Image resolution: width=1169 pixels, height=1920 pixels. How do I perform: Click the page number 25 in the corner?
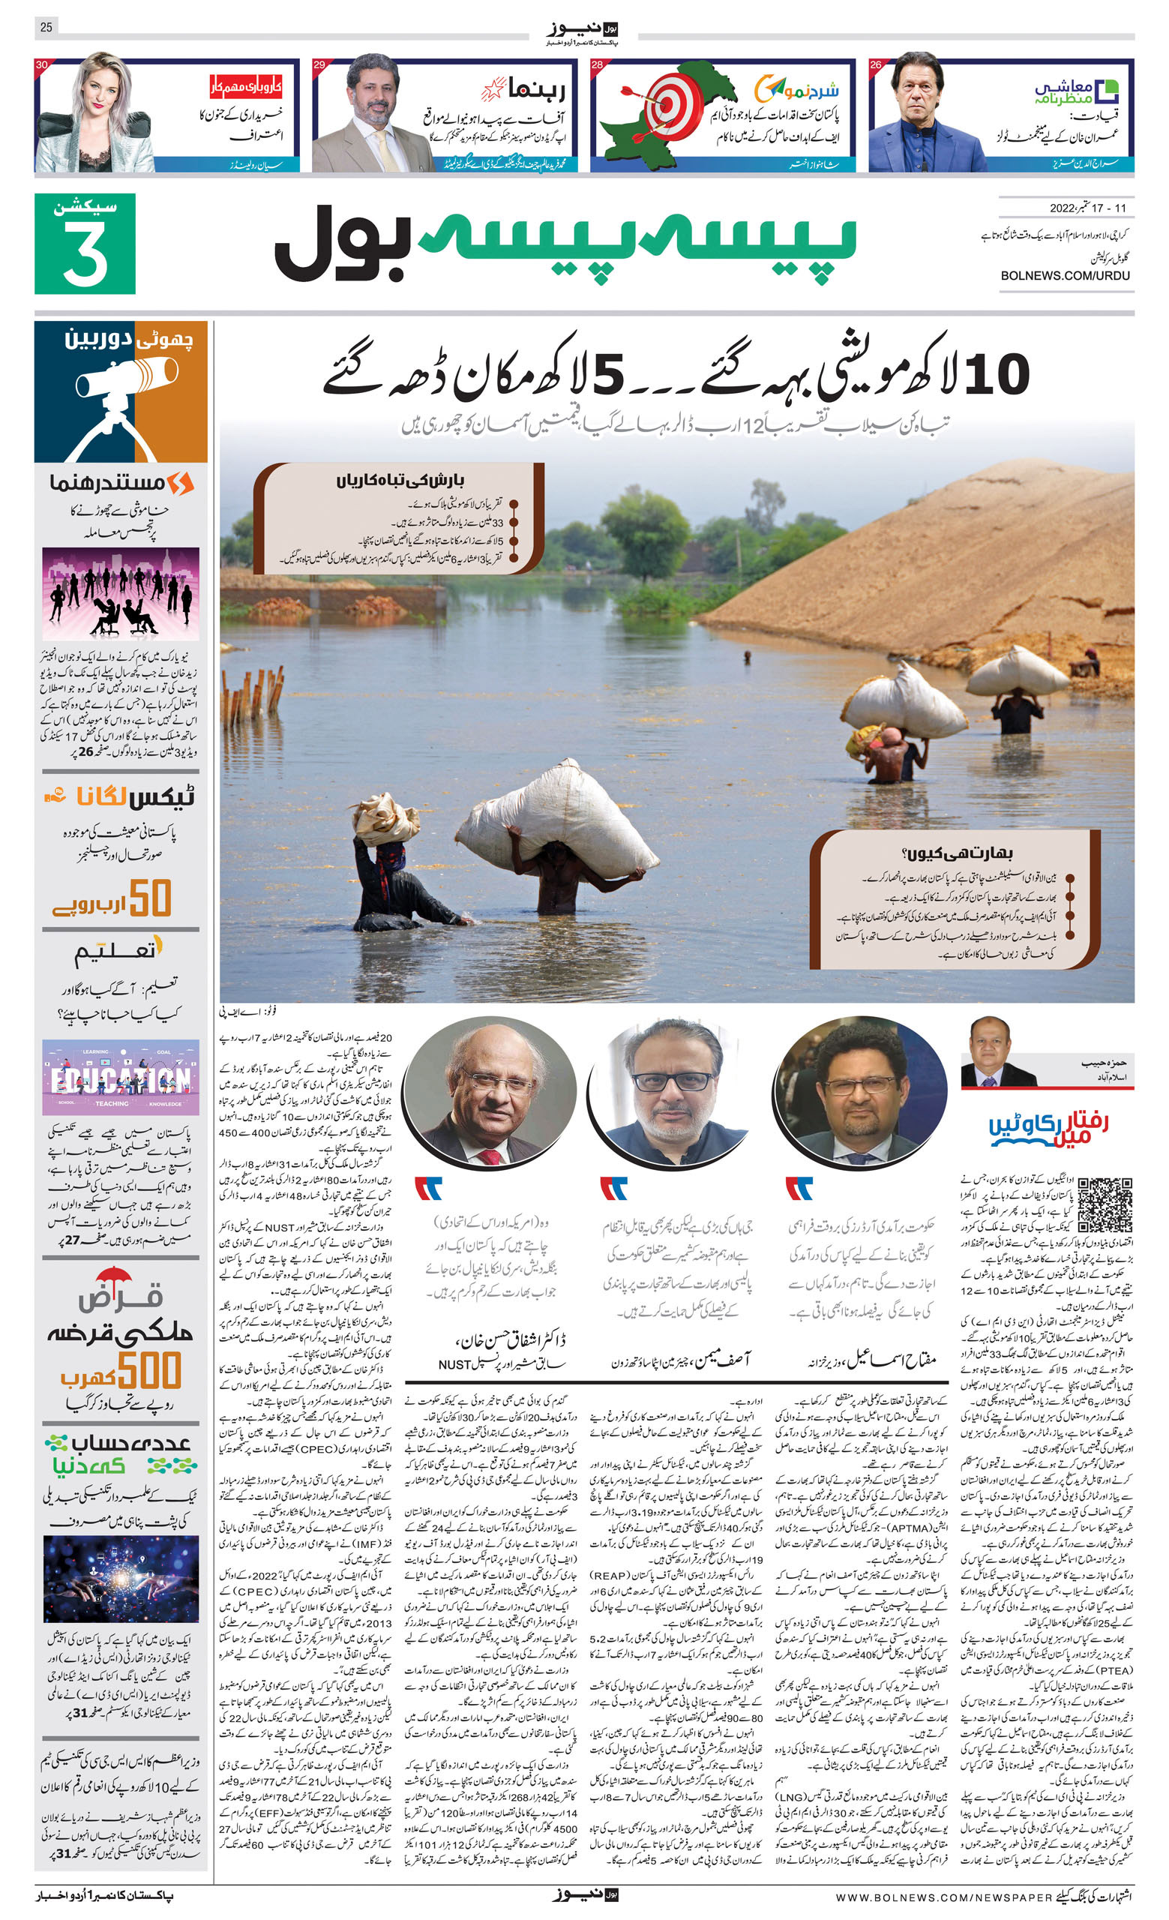coord(46,27)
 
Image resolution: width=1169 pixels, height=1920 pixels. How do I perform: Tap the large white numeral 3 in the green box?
coord(85,253)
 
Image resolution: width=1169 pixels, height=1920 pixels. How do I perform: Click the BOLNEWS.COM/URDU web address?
coord(1065,275)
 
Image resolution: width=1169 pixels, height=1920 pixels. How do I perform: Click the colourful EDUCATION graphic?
coord(121,1078)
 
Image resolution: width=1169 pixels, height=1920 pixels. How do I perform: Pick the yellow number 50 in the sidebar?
coord(150,898)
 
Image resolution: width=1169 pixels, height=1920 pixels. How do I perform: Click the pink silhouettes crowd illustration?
coord(121,593)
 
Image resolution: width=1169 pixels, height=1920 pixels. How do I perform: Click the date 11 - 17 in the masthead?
coord(1109,208)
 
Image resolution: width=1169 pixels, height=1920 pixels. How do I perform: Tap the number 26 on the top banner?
coord(876,64)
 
